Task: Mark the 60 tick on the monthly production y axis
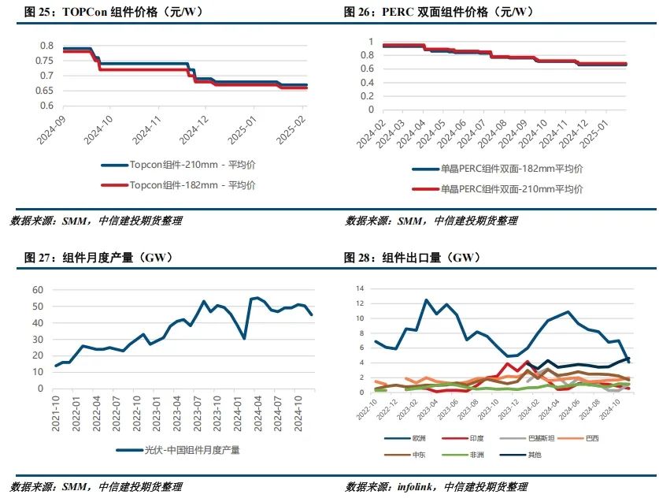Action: (36, 290)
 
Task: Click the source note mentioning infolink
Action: (436, 486)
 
